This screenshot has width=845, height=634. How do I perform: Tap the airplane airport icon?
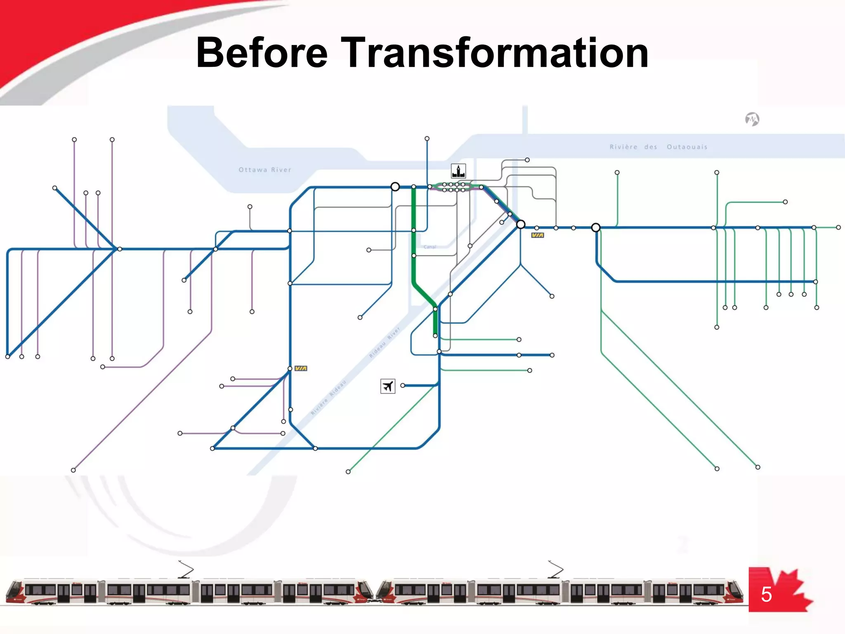pyautogui.click(x=387, y=386)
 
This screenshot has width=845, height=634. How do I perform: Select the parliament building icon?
pyautogui.click(x=458, y=170)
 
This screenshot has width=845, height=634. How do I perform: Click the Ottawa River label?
pyautogui.click(x=265, y=170)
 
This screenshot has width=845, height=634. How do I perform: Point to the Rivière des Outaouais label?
pyautogui.click(x=659, y=147)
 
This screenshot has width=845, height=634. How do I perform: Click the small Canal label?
pyautogui.click(x=430, y=247)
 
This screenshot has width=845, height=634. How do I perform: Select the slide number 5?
pyautogui.click(x=766, y=594)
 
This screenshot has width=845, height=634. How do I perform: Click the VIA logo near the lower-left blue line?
pyautogui.click(x=301, y=368)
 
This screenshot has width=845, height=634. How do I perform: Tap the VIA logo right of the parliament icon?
pyautogui.click(x=537, y=235)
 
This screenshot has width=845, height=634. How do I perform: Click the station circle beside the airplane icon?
pyautogui.click(x=403, y=386)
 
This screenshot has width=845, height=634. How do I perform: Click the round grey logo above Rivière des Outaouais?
pyautogui.click(x=752, y=119)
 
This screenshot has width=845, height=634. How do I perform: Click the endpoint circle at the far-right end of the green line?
pyautogui.click(x=838, y=227)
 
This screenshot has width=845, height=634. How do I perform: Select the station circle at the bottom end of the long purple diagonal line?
pyautogui.click(x=73, y=470)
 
